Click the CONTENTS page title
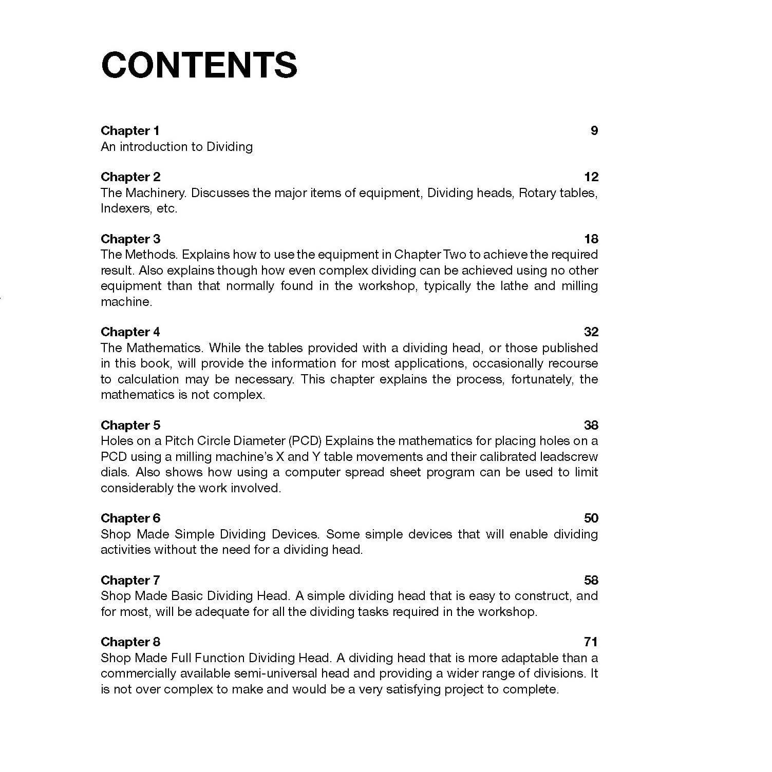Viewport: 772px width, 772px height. pos(199,65)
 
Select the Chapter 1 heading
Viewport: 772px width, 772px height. pos(130,131)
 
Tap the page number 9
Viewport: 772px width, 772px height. pos(594,131)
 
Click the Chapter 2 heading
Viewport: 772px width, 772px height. pos(130,177)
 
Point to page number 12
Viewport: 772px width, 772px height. pos(591,177)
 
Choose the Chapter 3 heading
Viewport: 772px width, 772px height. pos(130,239)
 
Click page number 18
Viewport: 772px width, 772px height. pos(591,239)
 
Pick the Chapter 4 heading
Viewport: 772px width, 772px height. pos(130,332)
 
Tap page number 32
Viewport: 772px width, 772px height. pos(591,332)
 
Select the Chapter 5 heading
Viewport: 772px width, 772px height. pos(130,426)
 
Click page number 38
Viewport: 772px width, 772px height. pos(591,426)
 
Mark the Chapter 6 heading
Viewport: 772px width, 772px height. pos(130,518)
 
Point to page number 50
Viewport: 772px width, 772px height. pos(591,518)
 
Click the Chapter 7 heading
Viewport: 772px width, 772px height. pos(130,581)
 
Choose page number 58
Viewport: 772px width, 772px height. pos(591,581)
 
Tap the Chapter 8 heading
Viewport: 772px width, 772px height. pos(130,642)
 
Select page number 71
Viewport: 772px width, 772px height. pos(591,642)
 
